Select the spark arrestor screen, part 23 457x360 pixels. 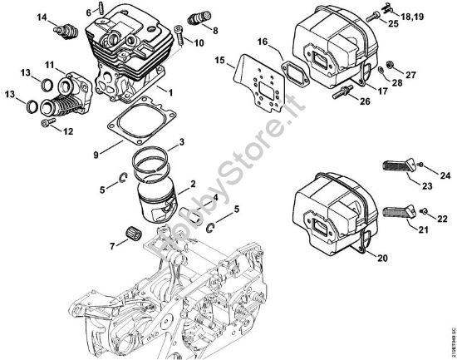click(397, 166)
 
